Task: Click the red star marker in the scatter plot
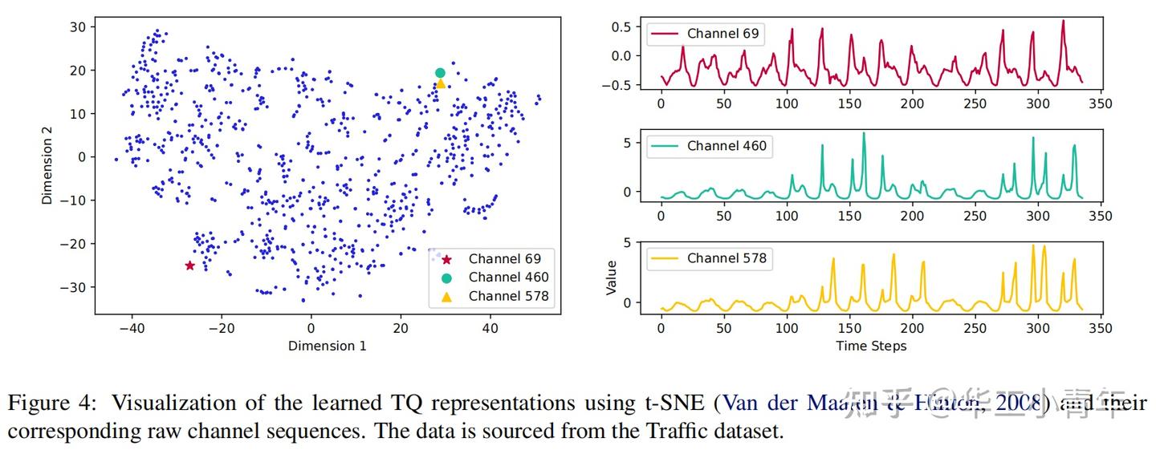coord(190,266)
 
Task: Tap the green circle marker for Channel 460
coord(440,73)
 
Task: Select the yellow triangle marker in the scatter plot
coord(440,83)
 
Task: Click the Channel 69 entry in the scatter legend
coord(504,258)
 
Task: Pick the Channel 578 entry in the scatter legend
coord(508,296)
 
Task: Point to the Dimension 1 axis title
coord(327,346)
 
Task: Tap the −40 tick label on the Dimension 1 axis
coord(130,327)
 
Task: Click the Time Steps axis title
coord(871,346)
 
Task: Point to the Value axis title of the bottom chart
coord(612,277)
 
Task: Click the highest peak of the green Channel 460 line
coord(864,133)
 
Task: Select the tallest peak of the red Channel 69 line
coord(1063,21)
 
